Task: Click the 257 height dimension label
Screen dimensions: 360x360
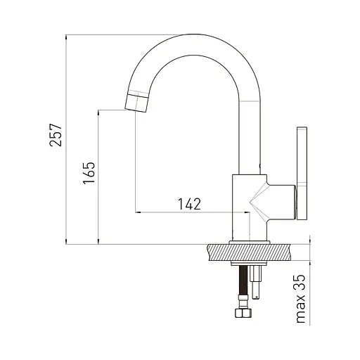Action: coord(56,135)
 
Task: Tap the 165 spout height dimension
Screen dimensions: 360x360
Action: coord(89,173)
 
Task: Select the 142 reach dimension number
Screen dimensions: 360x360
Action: coord(190,204)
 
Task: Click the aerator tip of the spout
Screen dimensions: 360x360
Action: coord(137,103)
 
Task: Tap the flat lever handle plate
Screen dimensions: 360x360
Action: coord(302,174)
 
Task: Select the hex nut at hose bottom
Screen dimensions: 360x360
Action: coord(243,313)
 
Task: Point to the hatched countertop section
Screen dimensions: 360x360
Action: coord(249,252)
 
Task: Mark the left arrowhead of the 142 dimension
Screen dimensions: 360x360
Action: coord(138,212)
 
